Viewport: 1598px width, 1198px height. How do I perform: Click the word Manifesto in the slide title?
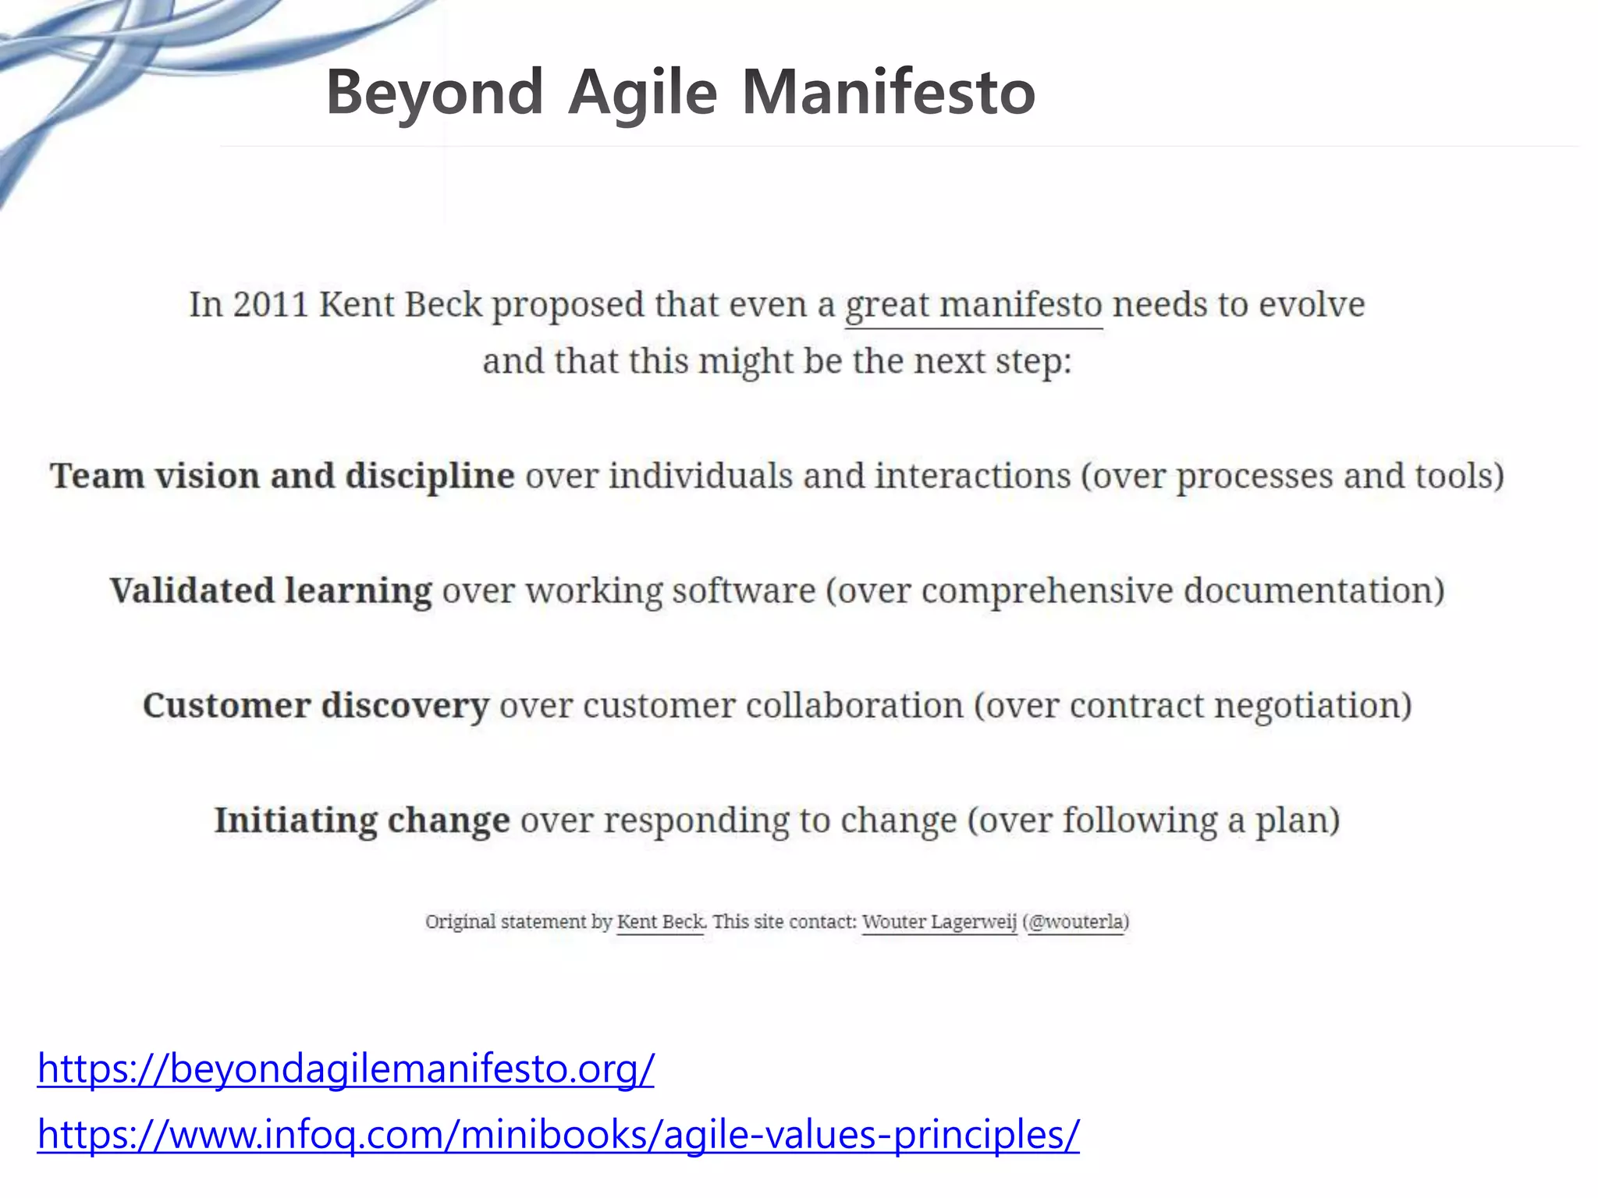tap(888, 92)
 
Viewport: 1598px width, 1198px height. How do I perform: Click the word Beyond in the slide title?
tap(434, 92)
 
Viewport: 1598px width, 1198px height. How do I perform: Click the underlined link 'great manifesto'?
tap(973, 305)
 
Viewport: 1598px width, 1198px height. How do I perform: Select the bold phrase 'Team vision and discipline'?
tap(282, 476)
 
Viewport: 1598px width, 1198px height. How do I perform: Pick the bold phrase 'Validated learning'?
tap(271, 590)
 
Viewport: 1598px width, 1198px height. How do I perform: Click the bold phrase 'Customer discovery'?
tap(316, 705)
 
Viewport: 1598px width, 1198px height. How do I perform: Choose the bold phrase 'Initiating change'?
tap(362, 821)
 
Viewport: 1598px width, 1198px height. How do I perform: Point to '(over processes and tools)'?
tap(1292, 476)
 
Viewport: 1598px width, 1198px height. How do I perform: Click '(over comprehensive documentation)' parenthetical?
tap(1135, 590)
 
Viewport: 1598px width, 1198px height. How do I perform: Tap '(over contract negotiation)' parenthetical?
tap(1192, 705)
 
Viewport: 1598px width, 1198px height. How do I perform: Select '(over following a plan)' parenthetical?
tap(1153, 821)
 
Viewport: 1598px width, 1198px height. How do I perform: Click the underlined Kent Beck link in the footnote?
tap(660, 922)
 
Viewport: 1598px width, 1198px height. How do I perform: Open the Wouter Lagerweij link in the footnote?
tap(939, 922)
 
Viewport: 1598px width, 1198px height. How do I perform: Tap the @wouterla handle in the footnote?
tap(1077, 922)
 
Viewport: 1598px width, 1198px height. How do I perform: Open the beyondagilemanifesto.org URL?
tap(346, 1068)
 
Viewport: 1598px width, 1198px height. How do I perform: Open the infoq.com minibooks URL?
tap(558, 1134)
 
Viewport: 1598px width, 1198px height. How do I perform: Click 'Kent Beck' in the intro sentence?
tap(400, 304)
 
